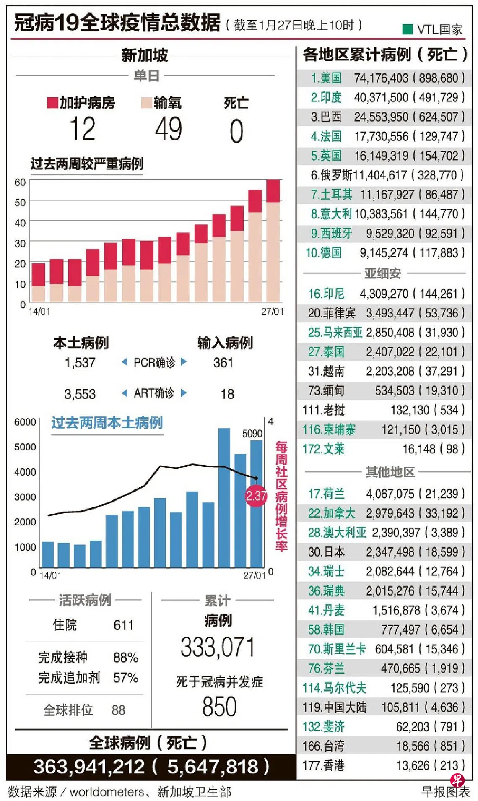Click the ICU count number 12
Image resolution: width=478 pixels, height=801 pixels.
(83, 129)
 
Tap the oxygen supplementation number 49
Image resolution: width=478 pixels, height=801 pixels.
(168, 129)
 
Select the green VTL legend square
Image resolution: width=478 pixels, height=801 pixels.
(407, 29)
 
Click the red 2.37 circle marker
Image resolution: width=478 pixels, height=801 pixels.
(256, 496)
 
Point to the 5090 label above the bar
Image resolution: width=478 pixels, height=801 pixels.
(252, 433)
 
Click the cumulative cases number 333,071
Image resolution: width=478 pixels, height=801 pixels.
(218, 647)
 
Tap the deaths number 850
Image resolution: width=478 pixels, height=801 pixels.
(219, 707)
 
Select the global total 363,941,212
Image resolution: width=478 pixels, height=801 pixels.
(89, 767)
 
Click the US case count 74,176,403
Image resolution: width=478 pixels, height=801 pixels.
(381, 78)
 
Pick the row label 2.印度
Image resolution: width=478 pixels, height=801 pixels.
(326, 97)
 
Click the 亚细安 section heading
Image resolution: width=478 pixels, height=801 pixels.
(382, 273)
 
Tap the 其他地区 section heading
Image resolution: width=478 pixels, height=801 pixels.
(390, 472)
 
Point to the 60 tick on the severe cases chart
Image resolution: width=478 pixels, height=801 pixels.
(20, 182)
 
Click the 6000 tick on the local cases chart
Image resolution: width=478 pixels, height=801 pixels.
(25, 422)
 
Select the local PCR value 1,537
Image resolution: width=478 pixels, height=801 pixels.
(80, 363)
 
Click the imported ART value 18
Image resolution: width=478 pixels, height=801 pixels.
(227, 394)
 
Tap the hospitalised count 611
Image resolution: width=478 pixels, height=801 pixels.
(124, 625)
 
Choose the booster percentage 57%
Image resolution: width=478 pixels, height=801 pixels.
(126, 678)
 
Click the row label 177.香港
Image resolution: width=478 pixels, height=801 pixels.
(323, 765)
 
